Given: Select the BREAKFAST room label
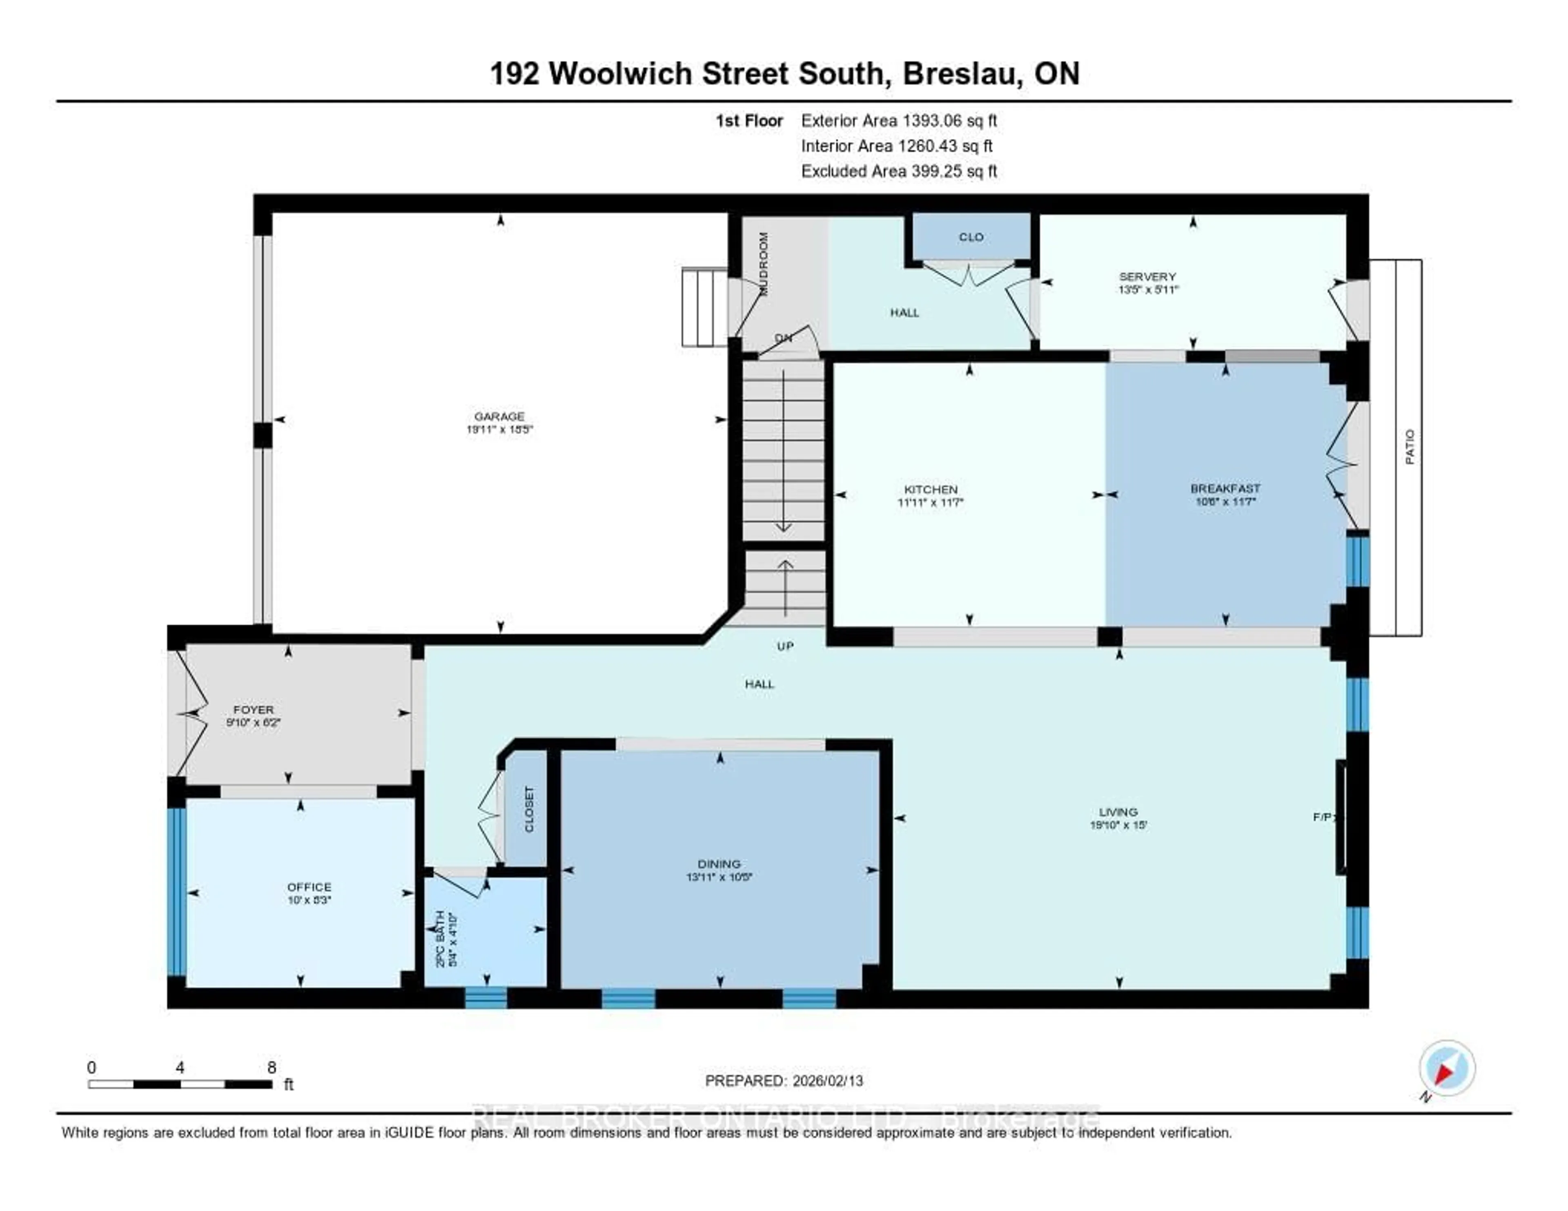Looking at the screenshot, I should point(1225,488).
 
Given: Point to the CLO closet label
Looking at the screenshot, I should point(971,237).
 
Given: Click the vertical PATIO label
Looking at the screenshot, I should point(1409,447).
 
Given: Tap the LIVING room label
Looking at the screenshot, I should point(1118,812).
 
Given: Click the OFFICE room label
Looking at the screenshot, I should point(309,886).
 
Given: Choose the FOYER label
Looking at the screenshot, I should point(253,709).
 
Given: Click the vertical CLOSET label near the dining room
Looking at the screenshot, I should point(529,809).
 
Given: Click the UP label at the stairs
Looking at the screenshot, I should point(785,646).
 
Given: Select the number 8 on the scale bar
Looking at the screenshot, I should point(272,1067).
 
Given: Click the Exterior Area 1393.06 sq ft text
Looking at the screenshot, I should point(899,120).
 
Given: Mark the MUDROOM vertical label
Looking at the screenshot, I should point(763,263).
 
